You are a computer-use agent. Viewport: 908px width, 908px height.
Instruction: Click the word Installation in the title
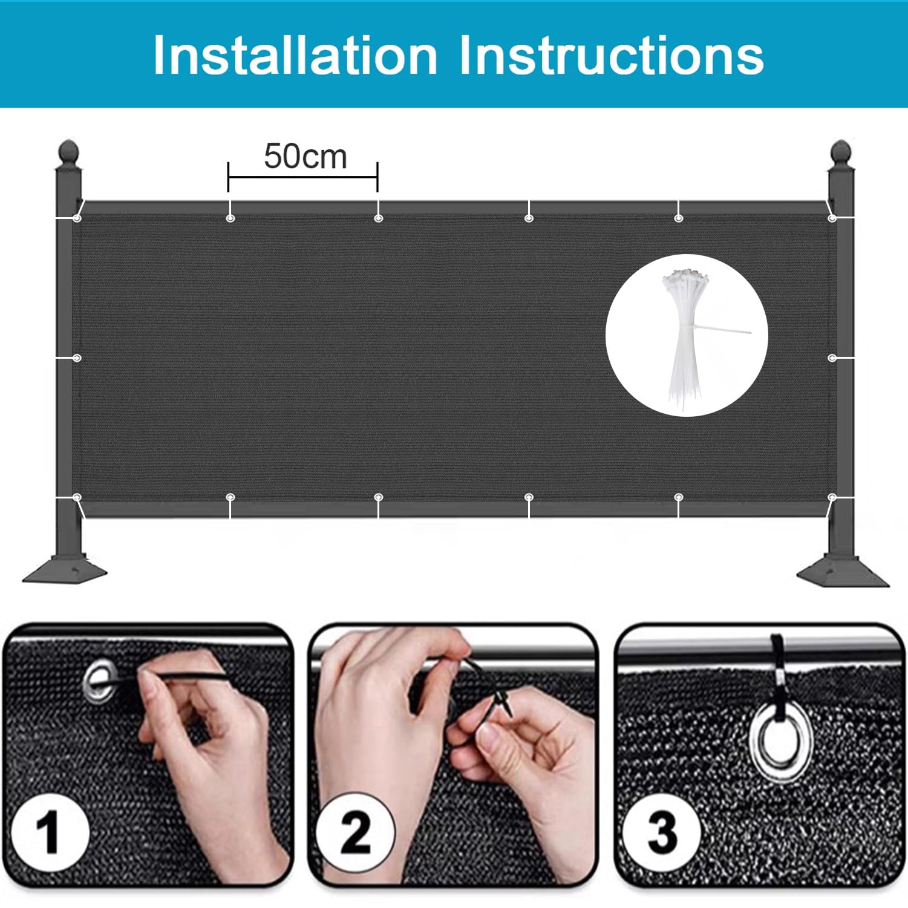coord(296,56)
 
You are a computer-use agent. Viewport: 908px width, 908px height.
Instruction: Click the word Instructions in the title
coord(612,56)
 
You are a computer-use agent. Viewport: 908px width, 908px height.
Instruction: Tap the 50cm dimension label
coord(305,157)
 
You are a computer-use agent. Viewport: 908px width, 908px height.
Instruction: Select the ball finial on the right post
coord(841,151)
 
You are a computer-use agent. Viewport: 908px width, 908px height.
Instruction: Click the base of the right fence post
coord(843,572)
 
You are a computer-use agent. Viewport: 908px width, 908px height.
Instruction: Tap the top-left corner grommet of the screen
coord(77,218)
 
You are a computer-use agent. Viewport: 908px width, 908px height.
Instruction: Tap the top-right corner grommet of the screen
coord(832,218)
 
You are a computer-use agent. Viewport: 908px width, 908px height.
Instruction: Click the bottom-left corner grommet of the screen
coord(77,498)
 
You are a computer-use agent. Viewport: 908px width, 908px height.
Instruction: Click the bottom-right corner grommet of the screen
coord(832,498)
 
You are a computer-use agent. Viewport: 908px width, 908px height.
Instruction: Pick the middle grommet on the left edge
coord(77,358)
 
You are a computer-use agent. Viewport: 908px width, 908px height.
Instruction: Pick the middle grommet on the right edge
coord(832,358)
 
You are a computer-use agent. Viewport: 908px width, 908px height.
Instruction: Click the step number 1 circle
coord(50,833)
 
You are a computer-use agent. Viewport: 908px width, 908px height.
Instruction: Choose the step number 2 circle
coord(355,833)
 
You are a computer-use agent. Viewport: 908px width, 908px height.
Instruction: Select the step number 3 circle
coord(662,833)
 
